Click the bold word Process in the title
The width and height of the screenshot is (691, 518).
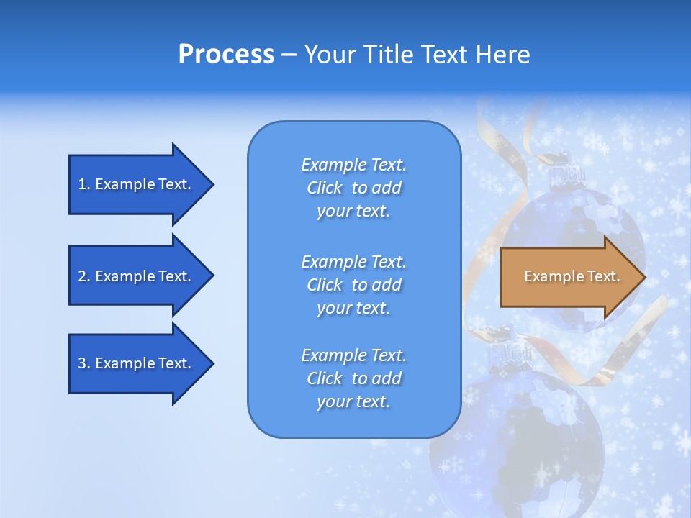click(226, 55)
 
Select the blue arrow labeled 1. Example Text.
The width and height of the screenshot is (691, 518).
click(135, 184)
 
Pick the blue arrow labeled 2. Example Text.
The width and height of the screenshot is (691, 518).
click(135, 276)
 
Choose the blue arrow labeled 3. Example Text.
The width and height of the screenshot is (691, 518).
click(135, 363)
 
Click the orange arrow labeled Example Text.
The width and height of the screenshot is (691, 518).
click(569, 277)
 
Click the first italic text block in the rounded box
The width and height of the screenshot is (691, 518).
click(353, 188)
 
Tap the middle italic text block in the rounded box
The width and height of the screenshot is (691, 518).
click(353, 285)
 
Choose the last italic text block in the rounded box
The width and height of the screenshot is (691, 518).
click(353, 378)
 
